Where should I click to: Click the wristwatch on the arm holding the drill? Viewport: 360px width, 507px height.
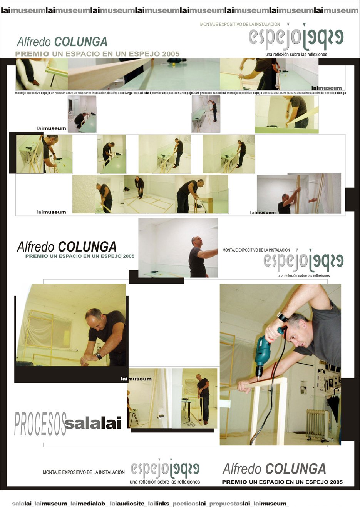click(283, 317)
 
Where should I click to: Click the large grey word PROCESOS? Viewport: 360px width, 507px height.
click(40, 424)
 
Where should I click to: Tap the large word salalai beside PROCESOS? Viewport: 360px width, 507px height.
click(93, 423)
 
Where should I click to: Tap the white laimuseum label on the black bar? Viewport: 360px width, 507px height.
click(136, 379)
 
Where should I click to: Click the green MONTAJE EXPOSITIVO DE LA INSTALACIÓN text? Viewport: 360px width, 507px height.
click(240, 25)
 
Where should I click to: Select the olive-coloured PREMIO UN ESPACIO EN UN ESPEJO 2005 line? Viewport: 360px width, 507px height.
click(97, 54)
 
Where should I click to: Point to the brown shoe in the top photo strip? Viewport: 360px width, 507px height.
click(35, 82)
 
